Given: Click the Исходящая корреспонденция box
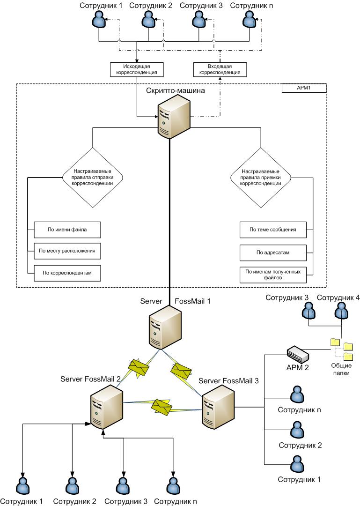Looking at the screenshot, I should (x=137, y=69).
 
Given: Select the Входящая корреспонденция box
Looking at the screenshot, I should (x=220, y=69).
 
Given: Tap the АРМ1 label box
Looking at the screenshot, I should (x=303, y=88).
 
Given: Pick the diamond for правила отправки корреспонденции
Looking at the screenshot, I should (x=93, y=178).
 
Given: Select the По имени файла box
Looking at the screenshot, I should (x=67, y=230).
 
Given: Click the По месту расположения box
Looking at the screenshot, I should (x=67, y=251).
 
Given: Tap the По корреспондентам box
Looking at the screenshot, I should (x=67, y=272).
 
